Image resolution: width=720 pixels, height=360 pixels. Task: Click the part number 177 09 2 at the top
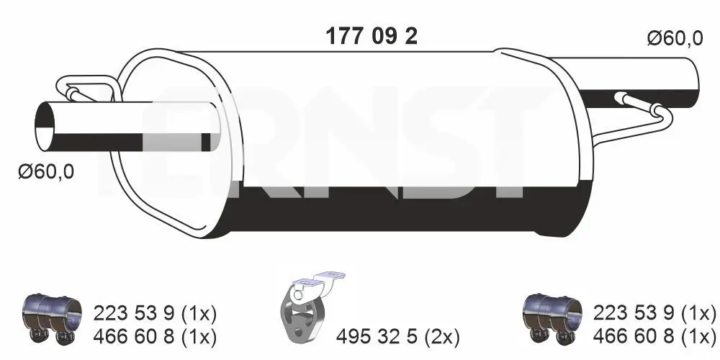(372, 36)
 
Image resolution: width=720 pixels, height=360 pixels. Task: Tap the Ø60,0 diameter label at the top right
(675, 39)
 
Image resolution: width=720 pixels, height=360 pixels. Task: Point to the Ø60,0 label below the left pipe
(46, 172)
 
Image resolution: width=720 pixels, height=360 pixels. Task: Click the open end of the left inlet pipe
(45, 126)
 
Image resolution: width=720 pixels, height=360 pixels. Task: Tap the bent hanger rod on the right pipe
(643, 114)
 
